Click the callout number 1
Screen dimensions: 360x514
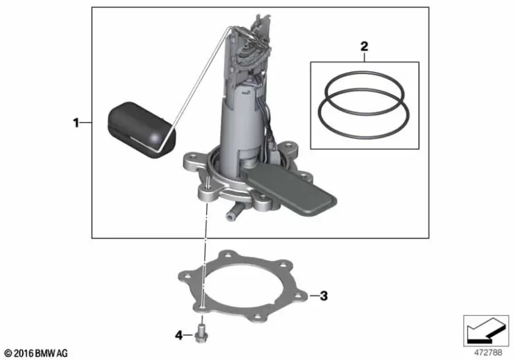pos(76,122)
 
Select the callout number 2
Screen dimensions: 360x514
pos(363,46)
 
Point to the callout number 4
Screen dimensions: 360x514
pos(178,336)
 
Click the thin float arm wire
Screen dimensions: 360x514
pos(198,79)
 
